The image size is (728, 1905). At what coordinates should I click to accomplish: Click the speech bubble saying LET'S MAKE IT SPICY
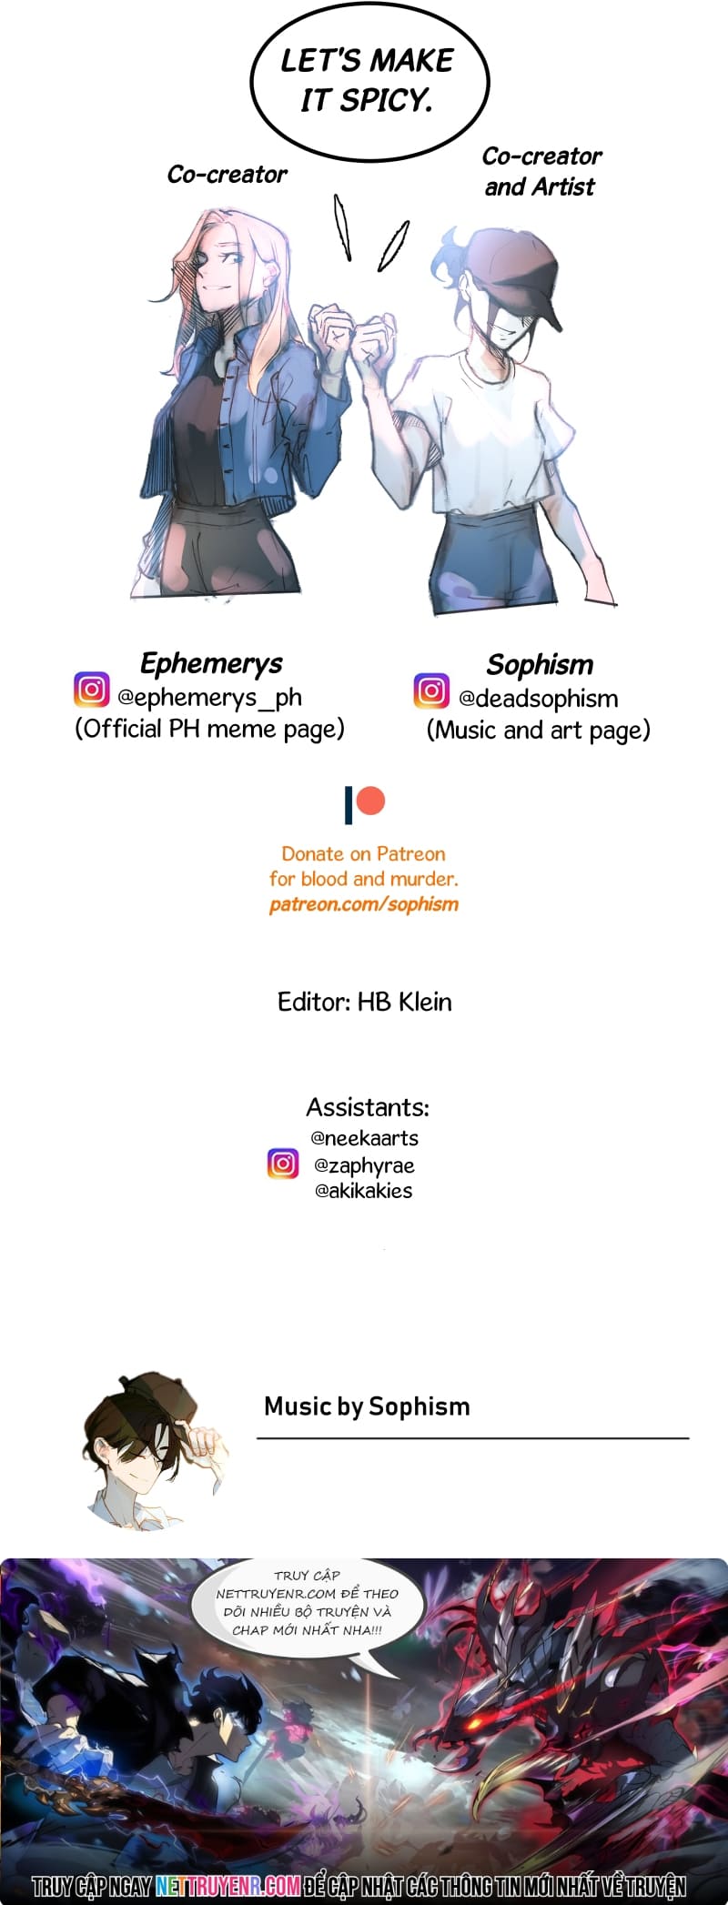click(369, 82)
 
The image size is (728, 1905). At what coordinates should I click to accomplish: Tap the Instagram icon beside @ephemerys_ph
click(91, 690)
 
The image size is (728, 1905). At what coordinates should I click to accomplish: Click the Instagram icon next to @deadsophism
click(431, 690)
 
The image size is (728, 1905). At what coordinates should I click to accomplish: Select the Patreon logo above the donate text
click(364, 804)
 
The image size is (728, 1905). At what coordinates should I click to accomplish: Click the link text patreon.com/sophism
click(364, 904)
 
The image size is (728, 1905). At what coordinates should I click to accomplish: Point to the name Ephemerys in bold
click(211, 663)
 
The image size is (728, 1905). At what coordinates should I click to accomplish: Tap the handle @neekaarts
click(365, 1138)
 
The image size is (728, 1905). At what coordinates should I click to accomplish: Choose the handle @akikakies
click(364, 1191)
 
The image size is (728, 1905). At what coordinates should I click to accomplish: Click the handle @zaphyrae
click(364, 1165)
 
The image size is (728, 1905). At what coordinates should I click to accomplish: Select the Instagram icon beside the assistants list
click(283, 1164)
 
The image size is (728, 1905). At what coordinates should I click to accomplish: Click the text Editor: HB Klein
click(364, 1002)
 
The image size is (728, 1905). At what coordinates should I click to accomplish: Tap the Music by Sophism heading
click(367, 1406)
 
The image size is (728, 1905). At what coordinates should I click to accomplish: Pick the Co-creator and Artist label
click(541, 171)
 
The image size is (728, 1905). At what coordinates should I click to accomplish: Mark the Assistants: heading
click(368, 1107)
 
